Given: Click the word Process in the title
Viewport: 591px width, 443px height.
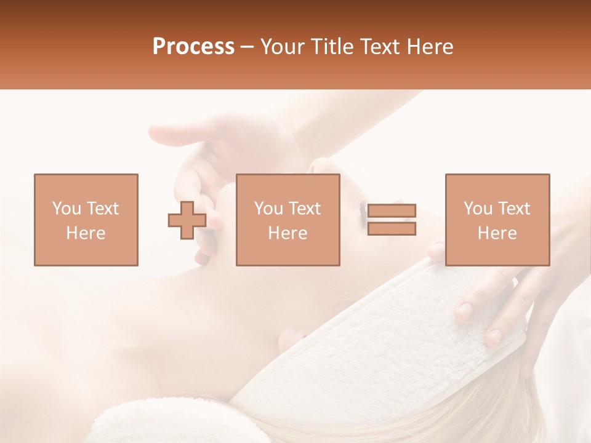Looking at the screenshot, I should (x=193, y=47).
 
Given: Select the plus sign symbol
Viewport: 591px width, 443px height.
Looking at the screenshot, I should (x=187, y=220).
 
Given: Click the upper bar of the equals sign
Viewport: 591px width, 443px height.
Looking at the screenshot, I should (x=392, y=211).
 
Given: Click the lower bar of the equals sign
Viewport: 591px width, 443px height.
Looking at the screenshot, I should (x=392, y=229).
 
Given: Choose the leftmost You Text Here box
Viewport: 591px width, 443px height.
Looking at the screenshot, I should (x=86, y=220).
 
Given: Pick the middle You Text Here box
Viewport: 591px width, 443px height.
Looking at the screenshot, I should (x=288, y=220).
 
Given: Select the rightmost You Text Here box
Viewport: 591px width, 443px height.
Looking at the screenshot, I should (x=497, y=220).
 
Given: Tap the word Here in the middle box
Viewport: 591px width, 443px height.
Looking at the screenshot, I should (x=288, y=233).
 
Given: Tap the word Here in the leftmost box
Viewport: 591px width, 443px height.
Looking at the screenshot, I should (x=86, y=233).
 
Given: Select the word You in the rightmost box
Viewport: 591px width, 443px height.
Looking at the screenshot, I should (x=477, y=209).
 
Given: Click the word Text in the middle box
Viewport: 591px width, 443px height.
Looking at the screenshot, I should (x=304, y=209).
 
